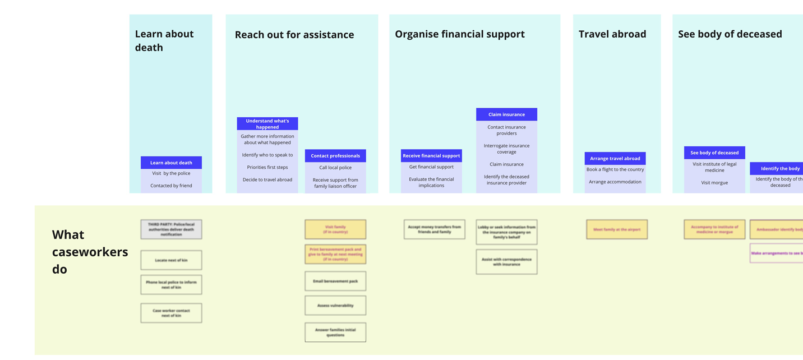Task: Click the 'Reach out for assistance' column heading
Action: [x=294, y=35]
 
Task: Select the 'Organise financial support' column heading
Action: [x=459, y=34]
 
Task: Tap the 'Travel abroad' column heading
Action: [x=612, y=34]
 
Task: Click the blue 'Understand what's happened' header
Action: [x=267, y=123]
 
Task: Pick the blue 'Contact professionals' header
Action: [x=335, y=156]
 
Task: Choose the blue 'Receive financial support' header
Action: [x=431, y=156]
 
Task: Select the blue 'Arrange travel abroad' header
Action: [x=615, y=159]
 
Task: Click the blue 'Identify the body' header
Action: [x=779, y=168]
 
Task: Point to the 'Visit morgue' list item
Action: [x=714, y=183]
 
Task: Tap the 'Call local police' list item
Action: [x=335, y=168]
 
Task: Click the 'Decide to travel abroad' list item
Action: [x=267, y=180]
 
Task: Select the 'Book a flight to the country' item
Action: [x=615, y=169]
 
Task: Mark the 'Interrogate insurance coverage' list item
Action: [x=506, y=149]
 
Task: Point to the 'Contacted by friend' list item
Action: [x=171, y=186]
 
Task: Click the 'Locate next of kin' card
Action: [x=171, y=260]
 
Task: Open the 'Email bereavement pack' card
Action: [x=335, y=281]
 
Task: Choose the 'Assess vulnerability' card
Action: [x=335, y=306]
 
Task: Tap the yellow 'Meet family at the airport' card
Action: [x=617, y=229]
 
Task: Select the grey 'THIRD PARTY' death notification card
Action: [x=171, y=229]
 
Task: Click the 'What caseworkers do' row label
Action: [x=90, y=252]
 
